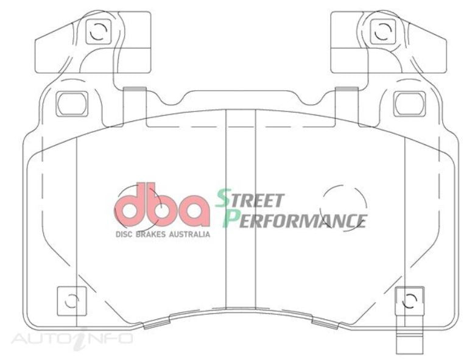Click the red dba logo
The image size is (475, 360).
click(161, 206)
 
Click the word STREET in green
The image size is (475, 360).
click(250, 199)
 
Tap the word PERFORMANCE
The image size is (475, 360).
click(295, 219)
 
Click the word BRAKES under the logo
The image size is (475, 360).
click(153, 234)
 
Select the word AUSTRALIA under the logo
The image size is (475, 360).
click(191, 234)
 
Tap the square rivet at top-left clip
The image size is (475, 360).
click(96, 31)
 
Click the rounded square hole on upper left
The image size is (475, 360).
click(72, 104)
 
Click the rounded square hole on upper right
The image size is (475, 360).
click(409, 104)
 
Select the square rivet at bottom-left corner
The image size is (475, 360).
click(71, 300)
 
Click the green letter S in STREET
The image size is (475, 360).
click(223, 198)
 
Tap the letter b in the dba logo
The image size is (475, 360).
click(161, 206)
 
